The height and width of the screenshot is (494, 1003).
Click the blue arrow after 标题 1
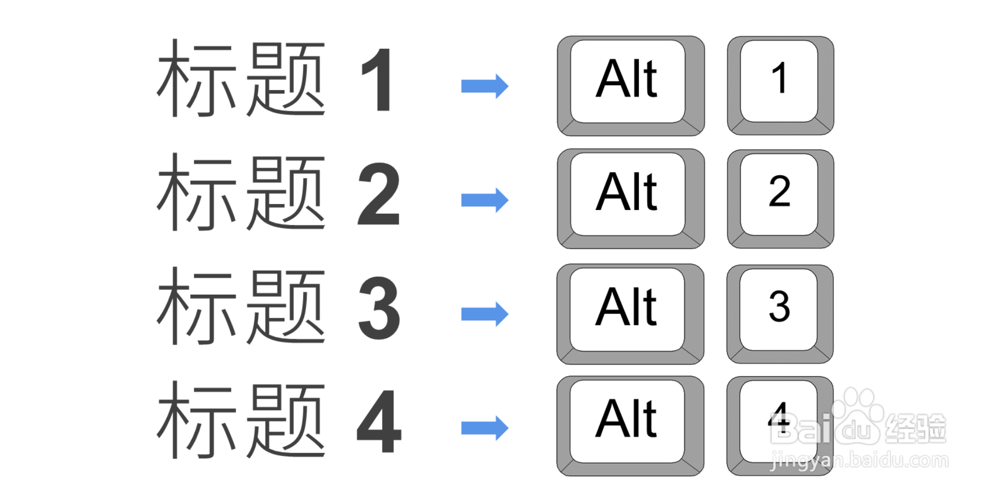click(x=485, y=86)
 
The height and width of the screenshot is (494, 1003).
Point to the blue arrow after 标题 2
click(x=485, y=200)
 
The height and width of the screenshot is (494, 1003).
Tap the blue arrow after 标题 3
click(x=485, y=314)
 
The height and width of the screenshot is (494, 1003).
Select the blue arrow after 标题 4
click(x=485, y=428)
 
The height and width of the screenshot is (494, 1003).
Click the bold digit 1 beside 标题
click(x=378, y=80)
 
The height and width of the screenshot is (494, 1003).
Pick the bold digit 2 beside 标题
click(x=379, y=194)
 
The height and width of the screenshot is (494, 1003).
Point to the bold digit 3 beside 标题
click(x=379, y=308)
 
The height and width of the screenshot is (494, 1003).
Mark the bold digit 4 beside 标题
click(x=379, y=422)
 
